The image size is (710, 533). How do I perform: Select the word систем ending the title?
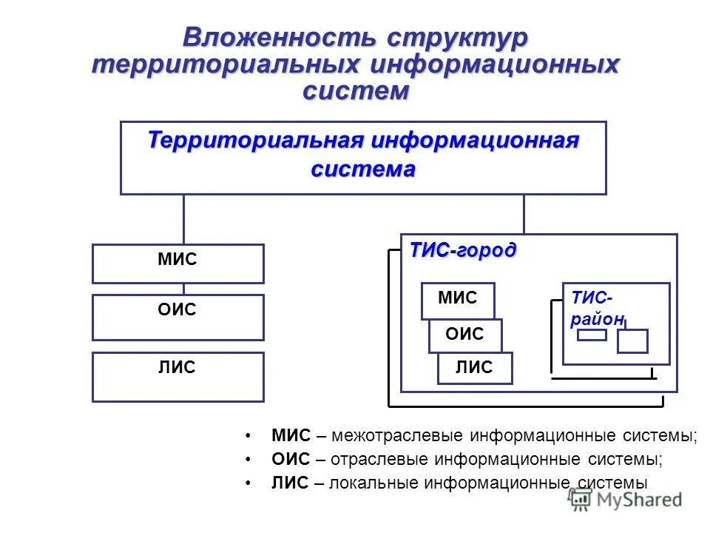pyautogui.click(x=355, y=90)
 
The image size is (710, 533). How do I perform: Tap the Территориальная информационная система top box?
pyautogui.click(x=363, y=158)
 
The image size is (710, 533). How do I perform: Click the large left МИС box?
pyautogui.click(x=177, y=264)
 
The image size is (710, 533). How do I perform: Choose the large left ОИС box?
pyautogui.click(x=177, y=317)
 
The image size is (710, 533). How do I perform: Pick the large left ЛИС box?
pyautogui.click(x=177, y=376)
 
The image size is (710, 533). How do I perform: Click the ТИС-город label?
pyautogui.click(x=463, y=250)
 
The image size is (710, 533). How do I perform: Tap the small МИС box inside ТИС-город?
pyautogui.click(x=458, y=298)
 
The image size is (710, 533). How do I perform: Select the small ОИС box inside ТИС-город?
pyautogui.click(x=464, y=335)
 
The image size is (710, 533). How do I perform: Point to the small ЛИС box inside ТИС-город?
pyautogui.click(x=474, y=368)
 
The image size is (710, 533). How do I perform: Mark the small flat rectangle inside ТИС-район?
pyautogui.click(x=592, y=335)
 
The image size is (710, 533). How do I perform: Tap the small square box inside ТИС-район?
pyautogui.click(x=632, y=341)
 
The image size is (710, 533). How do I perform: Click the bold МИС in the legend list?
pyautogui.click(x=291, y=435)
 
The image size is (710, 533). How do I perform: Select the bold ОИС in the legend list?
pyautogui.click(x=291, y=459)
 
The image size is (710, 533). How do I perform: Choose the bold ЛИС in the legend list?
pyautogui.click(x=289, y=483)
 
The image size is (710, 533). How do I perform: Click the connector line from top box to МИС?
pyautogui.click(x=183, y=219)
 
